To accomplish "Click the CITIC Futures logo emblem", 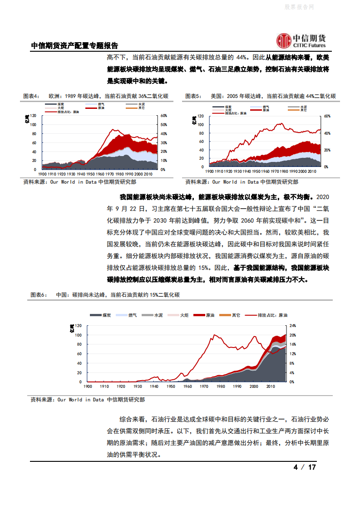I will click(284, 41).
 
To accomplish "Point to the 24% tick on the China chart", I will click(293, 326).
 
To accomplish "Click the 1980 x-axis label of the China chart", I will click(220, 387).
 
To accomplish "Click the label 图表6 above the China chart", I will click(39, 295).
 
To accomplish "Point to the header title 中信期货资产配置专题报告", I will click(74, 46).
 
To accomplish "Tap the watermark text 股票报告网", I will click(299, 7).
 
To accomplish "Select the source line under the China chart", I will click(88, 400).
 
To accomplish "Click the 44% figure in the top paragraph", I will click(242, 58).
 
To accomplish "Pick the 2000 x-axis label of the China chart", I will click(254, 387).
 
